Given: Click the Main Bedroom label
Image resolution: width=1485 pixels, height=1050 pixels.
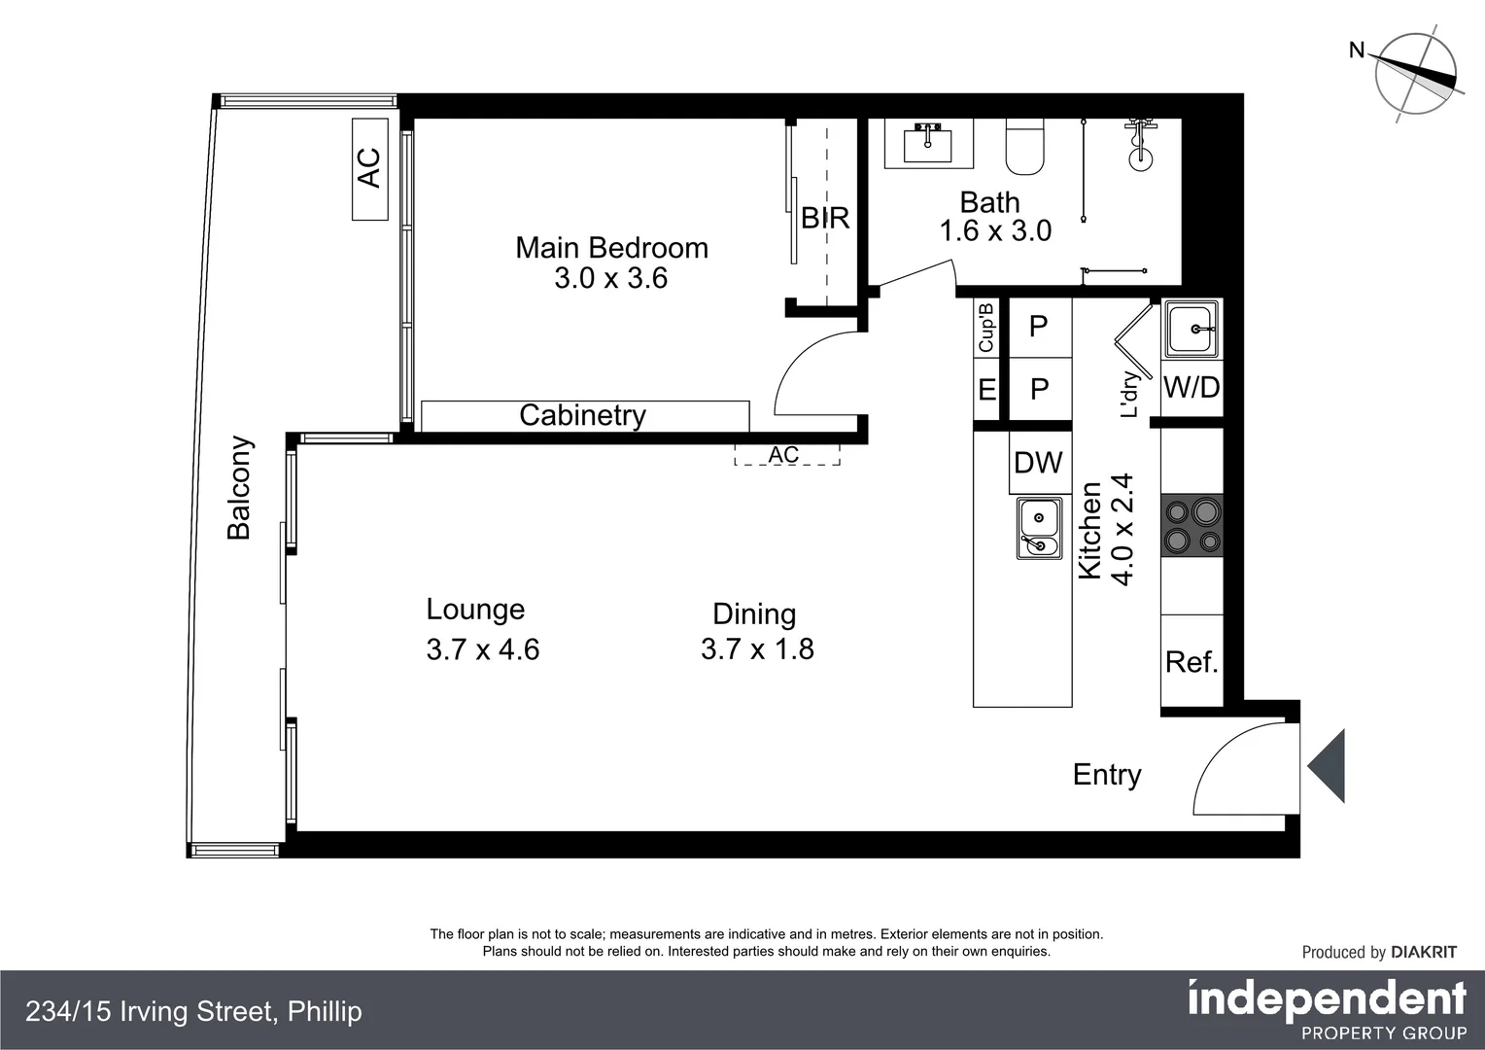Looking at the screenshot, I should click(x=611, y=248).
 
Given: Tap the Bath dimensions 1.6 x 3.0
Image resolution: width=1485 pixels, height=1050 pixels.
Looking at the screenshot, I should click(x=995, y=231).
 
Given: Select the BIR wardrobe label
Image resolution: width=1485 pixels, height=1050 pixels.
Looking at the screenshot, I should click(x=825, y=218).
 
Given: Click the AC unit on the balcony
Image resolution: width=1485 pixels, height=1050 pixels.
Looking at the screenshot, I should click(x=369, y=168).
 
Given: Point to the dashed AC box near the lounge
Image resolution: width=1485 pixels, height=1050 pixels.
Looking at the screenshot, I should click(x=786, y=454).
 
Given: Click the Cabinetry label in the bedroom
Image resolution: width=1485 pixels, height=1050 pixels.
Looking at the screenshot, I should click(x=583, y=415).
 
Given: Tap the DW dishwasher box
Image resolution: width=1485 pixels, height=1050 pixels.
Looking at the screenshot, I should click(x=1038, y=463).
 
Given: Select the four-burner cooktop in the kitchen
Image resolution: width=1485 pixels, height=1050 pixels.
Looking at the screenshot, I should click(x=1191, y=525).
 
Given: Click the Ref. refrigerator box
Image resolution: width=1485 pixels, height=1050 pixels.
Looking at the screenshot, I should click(x=1191, y=662).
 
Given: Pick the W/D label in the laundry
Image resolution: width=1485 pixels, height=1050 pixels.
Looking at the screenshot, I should click(x=1191, y=388).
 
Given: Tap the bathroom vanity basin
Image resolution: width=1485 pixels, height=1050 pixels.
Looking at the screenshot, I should click(x=928, y=144).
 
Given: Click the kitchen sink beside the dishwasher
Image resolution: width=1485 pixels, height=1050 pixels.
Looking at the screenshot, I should click(x=1039, y=528).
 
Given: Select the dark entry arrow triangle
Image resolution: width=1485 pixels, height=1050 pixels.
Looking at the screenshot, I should click(x=1328, y=766).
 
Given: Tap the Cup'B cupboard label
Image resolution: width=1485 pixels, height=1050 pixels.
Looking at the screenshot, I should click(x=986, y=328).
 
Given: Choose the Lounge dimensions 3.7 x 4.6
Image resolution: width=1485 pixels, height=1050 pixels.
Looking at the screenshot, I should click(x=483, y=649).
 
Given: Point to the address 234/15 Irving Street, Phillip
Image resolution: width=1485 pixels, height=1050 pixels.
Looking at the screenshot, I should click(x=194, y=1012).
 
